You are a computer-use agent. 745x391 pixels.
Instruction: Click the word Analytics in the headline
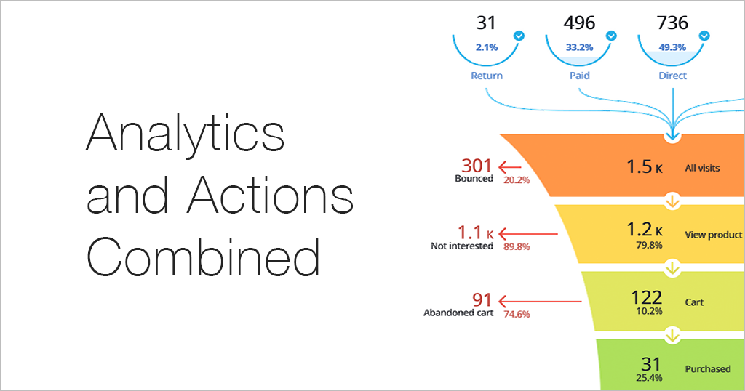tap(186, 134)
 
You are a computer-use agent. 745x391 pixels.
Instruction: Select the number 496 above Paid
tap(579, 23)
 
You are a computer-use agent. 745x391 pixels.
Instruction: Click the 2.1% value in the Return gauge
tap(487, 47)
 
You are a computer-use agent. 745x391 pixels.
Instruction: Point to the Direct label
tap(672, 76)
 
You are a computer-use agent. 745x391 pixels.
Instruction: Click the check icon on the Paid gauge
tap(611, 36)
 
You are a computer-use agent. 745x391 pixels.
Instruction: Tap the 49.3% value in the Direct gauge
tap(672, 47)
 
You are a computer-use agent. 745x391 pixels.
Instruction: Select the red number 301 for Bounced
tap(476, 166)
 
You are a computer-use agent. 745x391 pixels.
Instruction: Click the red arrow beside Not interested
tap(528, 233)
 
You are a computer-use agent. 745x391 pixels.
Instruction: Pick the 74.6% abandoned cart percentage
tap(517, 314)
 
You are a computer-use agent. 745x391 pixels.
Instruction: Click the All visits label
tap(702, 168)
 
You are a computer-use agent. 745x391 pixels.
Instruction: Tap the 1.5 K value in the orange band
tap(645, 166)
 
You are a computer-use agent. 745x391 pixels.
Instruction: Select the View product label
tap(713, 235)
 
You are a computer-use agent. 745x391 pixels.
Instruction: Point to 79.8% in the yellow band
tap(649, 246)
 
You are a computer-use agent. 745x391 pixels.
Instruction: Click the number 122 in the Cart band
tap(646, 297)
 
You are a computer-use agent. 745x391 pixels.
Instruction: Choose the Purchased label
tap(708, 368)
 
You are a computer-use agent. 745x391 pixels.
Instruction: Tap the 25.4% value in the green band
tap(649, 378)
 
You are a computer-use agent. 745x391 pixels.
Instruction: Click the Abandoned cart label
tap(458, 313)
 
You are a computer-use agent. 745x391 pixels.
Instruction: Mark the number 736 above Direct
tap(672, 23)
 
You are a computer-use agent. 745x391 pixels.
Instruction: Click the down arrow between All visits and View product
tap(672, 201)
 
